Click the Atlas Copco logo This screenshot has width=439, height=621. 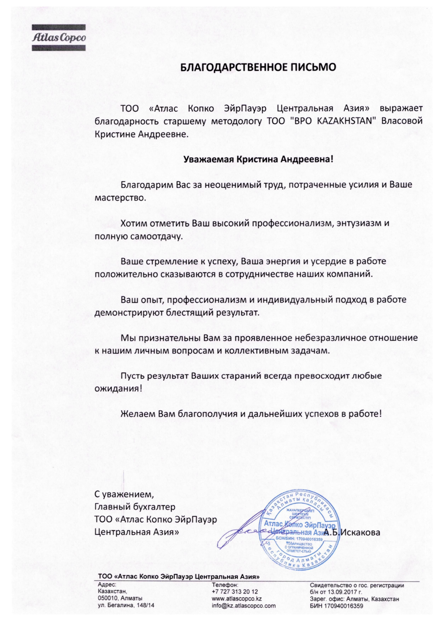[59, 38]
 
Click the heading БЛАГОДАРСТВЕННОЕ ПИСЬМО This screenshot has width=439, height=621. [258, 67]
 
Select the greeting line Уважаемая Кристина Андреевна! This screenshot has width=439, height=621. [258, 160]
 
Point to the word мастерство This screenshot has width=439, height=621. [120, 198]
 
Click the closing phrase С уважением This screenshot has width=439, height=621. [124, 493]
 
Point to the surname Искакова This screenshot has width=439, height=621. [360, 533]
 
